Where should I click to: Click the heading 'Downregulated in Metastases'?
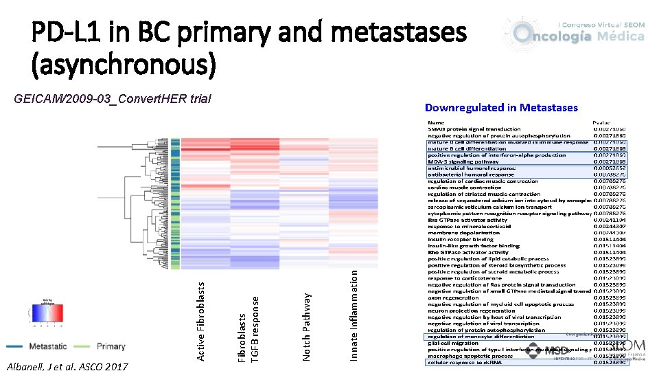point(501,108)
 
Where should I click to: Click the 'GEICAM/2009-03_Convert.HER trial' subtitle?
point(113,99)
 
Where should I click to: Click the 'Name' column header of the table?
point(437,123)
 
